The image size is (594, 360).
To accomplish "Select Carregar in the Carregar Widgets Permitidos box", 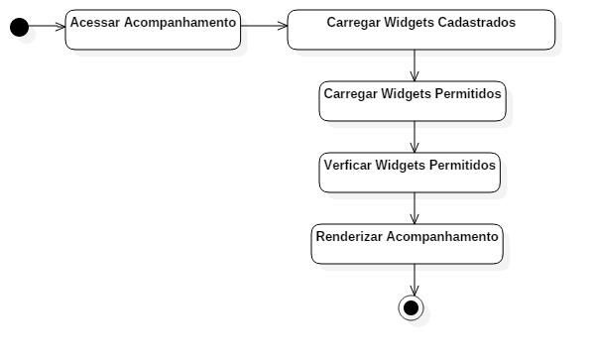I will (x=350, y=94).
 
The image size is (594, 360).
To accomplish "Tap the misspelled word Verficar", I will (x=349, y=166).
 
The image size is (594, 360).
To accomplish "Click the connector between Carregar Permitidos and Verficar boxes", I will (x=415, y=138).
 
